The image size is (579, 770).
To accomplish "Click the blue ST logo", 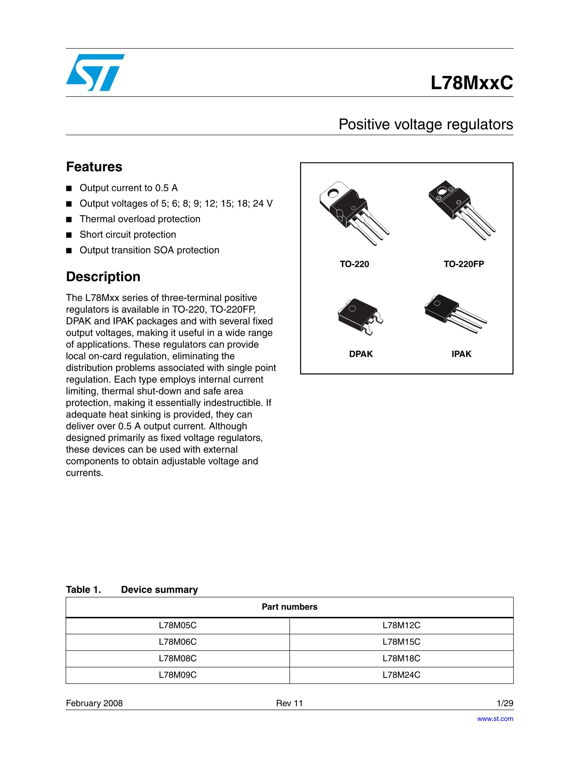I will [x=95, y=72].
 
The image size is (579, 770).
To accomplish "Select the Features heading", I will [x=94, y=167].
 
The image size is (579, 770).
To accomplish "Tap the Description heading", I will [x=103, y=277].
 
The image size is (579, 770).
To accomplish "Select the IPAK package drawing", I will [x=454, y=313].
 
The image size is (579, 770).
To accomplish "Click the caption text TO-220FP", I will [x=463, y=264].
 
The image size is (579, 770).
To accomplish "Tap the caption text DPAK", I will [x=361, y=354].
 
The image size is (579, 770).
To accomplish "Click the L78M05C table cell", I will [x=177, y=625].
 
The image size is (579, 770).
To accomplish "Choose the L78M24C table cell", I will [x=401, y=675].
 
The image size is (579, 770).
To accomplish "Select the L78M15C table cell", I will [x=401, y=642].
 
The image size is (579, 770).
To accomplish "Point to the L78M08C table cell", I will [x=177, y=658].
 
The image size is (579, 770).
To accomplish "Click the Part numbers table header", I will [x=289, y=607].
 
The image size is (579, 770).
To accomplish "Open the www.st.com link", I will [x=495, y=719].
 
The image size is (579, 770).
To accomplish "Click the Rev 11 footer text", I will [x=289, y=703].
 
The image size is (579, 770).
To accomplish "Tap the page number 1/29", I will [x=505, y=703].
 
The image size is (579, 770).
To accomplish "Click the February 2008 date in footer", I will [x=94, y=703].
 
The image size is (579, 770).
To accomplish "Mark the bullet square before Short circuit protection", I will [x=69, y=235].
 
